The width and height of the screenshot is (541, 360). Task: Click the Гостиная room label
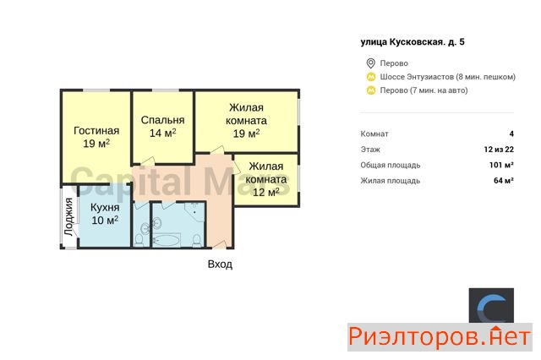[x=96, y=131]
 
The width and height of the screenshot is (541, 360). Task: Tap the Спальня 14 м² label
[x=162, y=126]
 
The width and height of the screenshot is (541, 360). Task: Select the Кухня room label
[x=105, y=208]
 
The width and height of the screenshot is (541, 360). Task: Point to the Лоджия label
[x=69, y=216]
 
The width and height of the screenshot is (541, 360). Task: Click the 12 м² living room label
[x=266, y=179]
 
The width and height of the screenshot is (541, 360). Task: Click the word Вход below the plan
[x=220, y=265]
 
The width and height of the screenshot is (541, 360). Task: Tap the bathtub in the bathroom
[x=167, y=240]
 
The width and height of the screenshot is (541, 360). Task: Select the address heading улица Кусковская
[x=413, y=42]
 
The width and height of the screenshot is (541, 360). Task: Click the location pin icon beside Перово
[x=370, y=63]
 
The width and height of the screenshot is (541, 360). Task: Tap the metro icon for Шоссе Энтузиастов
[x=371, y=77]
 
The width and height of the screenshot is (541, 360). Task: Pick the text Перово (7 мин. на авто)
[x=424, y=90]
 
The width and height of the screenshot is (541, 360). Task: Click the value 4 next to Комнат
[x=511, y=134]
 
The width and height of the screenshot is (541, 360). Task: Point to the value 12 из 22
[x=499, y=150]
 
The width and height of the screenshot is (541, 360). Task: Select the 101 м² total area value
[x=501, y=165]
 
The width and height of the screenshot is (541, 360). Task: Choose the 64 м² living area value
[x=504, y=180]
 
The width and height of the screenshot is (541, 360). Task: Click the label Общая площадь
[x=391, y=165]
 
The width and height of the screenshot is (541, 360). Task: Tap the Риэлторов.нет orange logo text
[x=440, y=337]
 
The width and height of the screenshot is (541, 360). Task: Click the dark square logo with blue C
[x=491, y=306]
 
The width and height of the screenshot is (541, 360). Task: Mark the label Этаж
[x=370, y=150]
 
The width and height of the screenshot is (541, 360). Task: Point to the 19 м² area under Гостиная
[x=96, y=144]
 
